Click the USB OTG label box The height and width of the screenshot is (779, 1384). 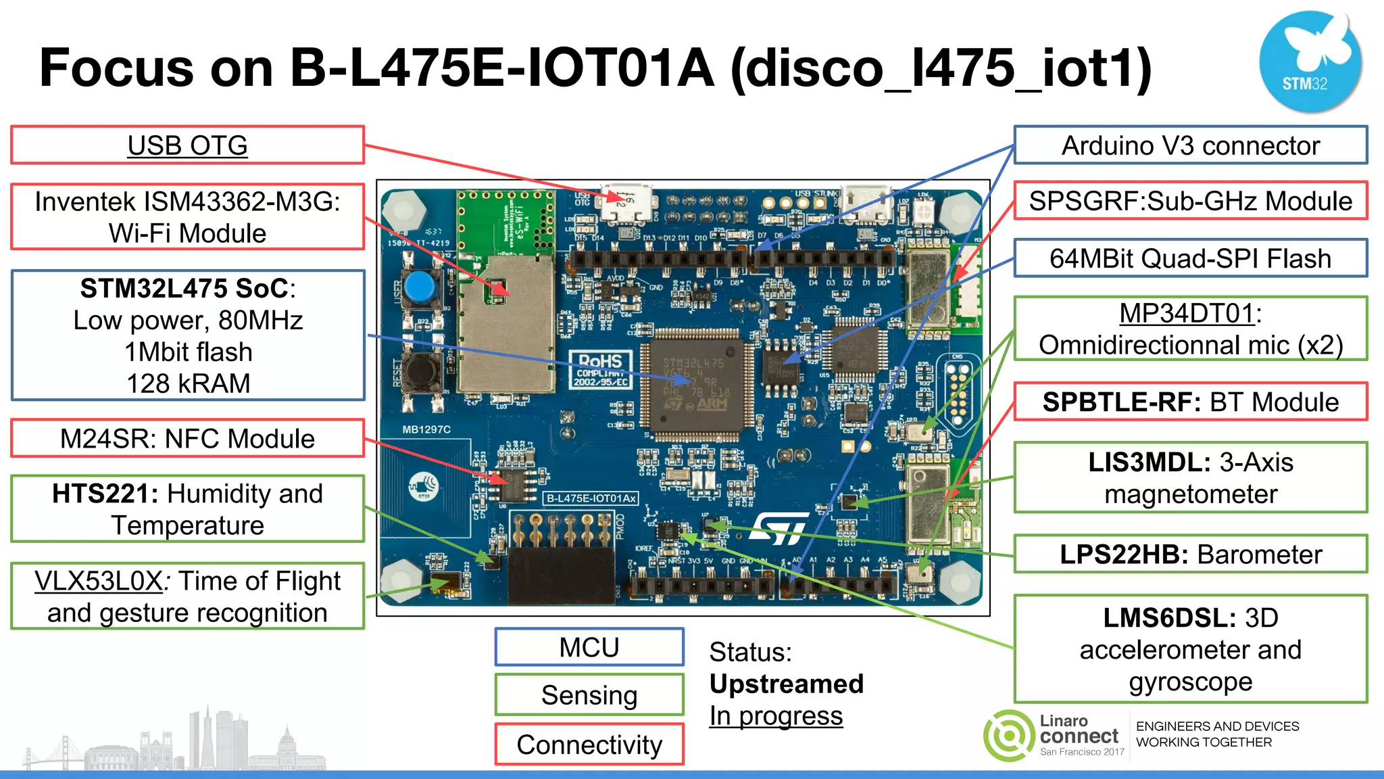point(187,145)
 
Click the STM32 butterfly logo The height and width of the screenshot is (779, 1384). point(1310,61)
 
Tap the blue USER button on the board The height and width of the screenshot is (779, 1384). point(420,287)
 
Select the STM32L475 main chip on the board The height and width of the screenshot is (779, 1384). point(696,384)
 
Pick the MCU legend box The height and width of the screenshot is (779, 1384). point(589,648)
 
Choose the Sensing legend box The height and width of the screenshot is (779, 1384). point(589,695)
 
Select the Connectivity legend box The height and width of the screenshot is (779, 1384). point(589,745)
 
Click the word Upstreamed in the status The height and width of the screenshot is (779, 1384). point(787,684)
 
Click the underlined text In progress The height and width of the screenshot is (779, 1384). point(776,716)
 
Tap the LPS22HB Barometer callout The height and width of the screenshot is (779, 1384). point(1190,554)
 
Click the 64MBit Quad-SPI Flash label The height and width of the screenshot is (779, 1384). point(1190,258)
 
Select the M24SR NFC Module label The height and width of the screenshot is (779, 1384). point(187,439)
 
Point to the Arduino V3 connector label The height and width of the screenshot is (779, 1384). point(1190,145)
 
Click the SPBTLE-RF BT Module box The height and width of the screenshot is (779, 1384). point(1190,402)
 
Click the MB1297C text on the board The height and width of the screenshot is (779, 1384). point(426,429)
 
